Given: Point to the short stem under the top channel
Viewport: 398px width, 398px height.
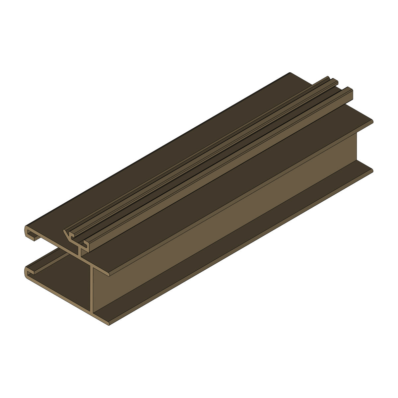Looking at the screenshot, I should (80, 252).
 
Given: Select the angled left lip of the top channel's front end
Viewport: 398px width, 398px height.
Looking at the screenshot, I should (68, 234).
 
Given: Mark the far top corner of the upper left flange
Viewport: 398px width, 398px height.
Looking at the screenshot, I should (290, 73).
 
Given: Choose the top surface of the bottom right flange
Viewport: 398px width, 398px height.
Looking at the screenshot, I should (265, 232).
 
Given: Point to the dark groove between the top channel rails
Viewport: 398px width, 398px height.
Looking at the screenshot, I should (212, 156).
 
